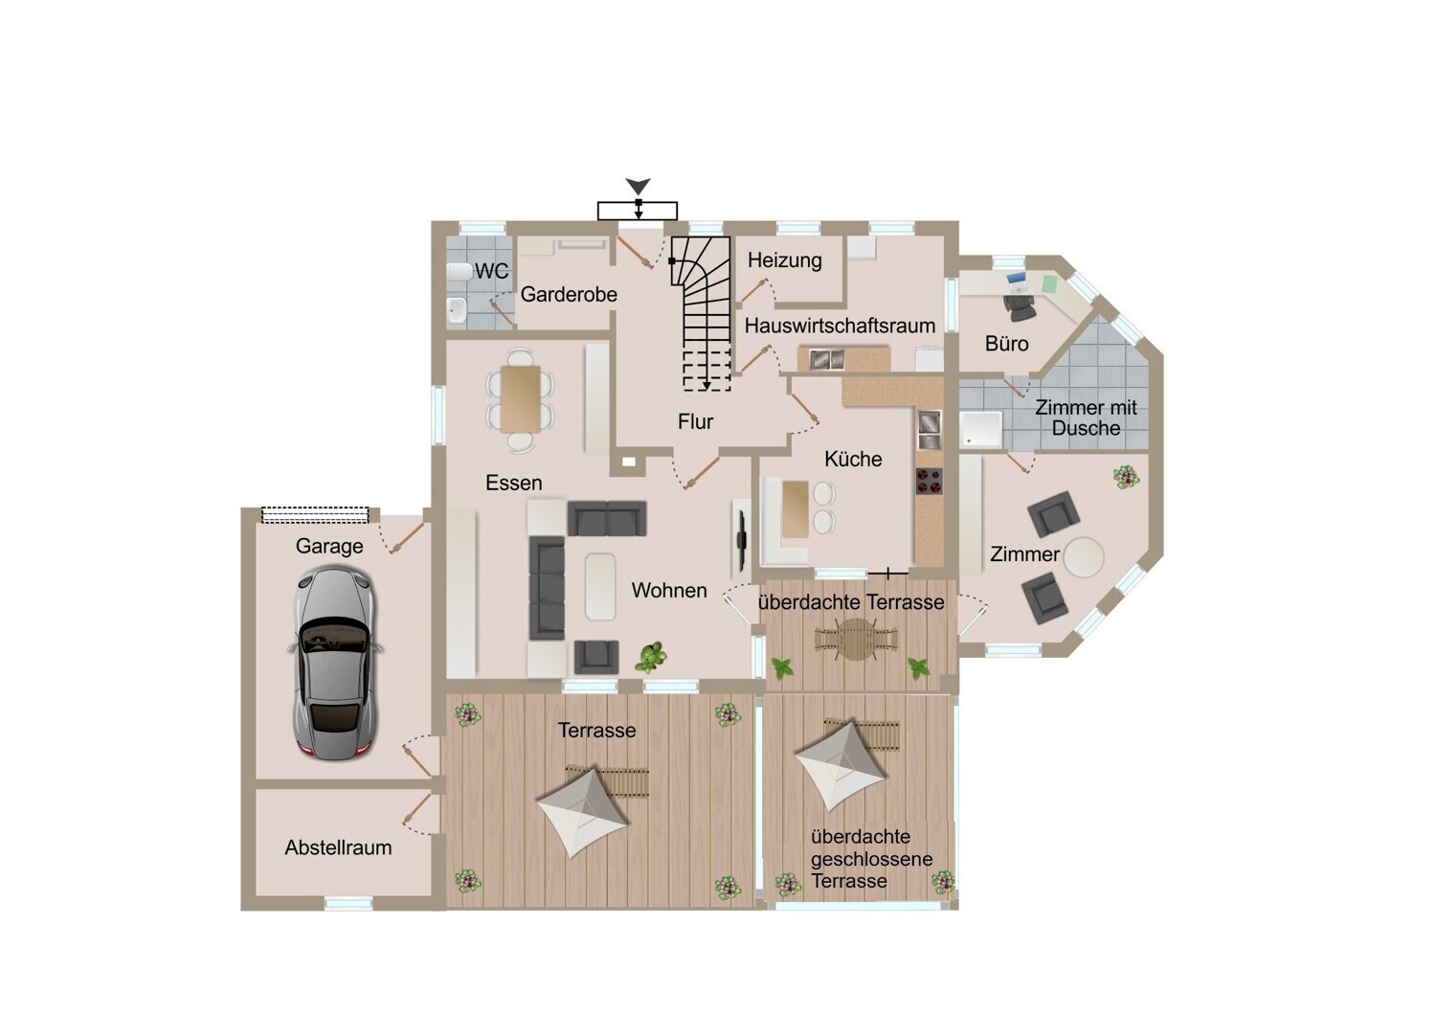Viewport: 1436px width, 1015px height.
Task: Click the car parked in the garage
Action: (334, 663)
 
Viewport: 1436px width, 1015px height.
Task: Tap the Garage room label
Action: (329, 547)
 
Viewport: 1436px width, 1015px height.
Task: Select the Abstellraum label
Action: (338, 847)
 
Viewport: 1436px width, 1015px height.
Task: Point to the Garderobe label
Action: (569, 294)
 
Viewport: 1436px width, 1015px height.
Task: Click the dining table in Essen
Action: (521, 399)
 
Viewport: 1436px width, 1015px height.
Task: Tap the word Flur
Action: (696, 421)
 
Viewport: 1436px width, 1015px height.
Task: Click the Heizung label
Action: (785, 260)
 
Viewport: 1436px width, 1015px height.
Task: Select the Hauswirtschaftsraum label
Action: (840, 326)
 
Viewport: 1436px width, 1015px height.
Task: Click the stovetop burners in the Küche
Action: (929, 481)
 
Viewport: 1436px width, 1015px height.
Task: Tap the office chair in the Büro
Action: (1019, 307)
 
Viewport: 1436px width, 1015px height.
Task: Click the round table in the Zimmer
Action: (1084, 556)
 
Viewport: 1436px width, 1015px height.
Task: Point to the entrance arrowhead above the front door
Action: (638, 187)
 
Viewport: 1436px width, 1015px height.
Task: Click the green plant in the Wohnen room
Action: (651, 658)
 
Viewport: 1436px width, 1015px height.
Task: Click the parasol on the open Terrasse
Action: (582, 811)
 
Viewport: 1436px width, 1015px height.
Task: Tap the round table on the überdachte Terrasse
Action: (856, 640)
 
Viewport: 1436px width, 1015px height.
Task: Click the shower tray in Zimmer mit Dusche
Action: (981, 429)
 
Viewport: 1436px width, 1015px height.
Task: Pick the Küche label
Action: (853, 459)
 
